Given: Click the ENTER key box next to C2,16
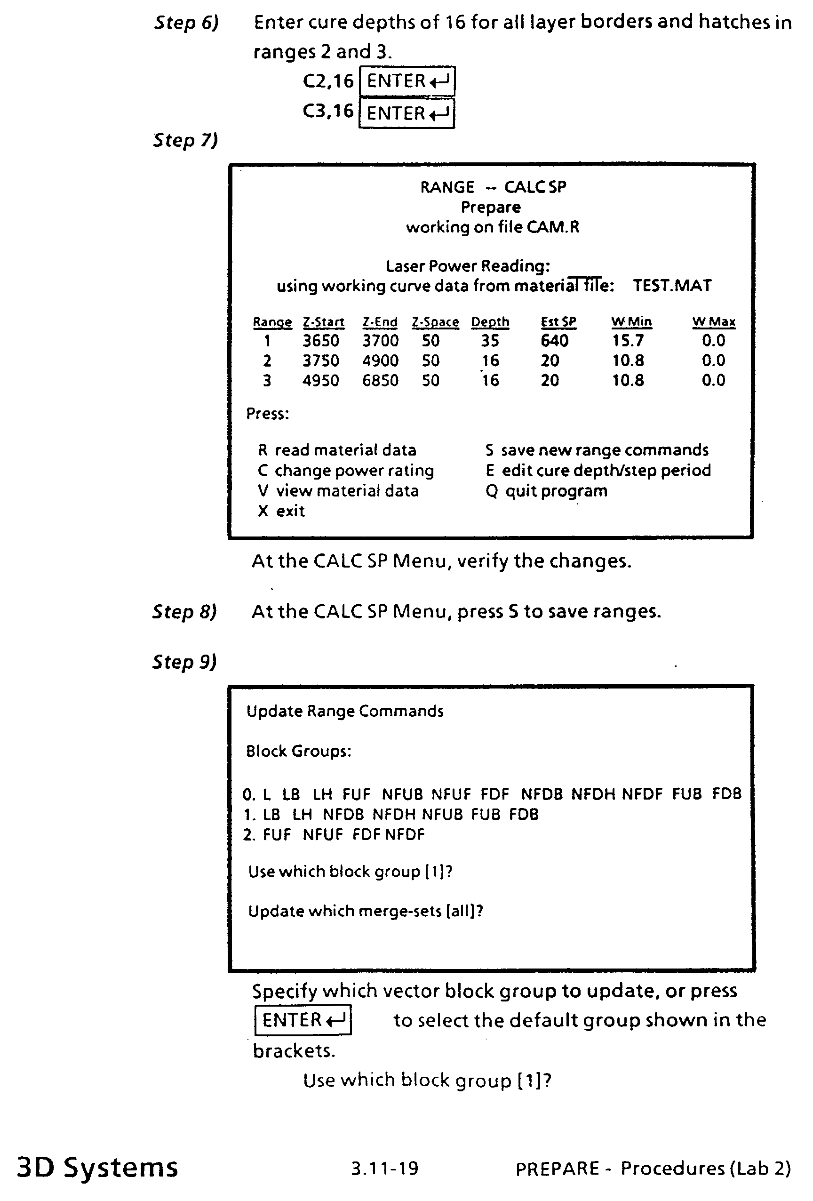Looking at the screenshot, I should pyautogui.click(x=407, y=81).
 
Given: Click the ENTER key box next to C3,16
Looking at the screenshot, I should pyautogui.click(x=407, y=113).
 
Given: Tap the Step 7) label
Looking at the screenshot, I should pyautogui.click(x=185, y=140).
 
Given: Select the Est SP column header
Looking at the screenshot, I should pyautogui.click(x=558, y=322).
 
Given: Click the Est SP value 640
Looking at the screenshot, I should pyautogui.click(x=554, y=341).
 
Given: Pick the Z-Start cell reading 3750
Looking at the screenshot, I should pyautogui.click(x=321, y=360).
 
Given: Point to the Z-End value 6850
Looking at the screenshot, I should pyautogui.click(x=380, y=380).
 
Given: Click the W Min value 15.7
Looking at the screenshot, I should pyautogui.click(x=628, y=341).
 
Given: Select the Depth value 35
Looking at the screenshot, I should pyautogui.click(x=490, y=341).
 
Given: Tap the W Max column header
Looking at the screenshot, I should pyautogui.click(x=713, y=322).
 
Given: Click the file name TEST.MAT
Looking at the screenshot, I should pyautogui.click(x=672, y=286).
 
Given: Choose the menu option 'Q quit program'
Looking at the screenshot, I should pyautogui.click(x=547, y=490).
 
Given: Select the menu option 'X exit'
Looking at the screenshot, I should pyautogui.click(x=281, y=511).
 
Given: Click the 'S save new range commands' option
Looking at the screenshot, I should pyautogui.click(x=597, y=450).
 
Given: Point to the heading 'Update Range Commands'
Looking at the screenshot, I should pyautogui.click(x=344, y=711).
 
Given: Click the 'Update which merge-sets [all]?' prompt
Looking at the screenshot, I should pyautogui.click(x=365, y=911).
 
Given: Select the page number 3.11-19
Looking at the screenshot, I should pyautogui.click(x=385, y=1168).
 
